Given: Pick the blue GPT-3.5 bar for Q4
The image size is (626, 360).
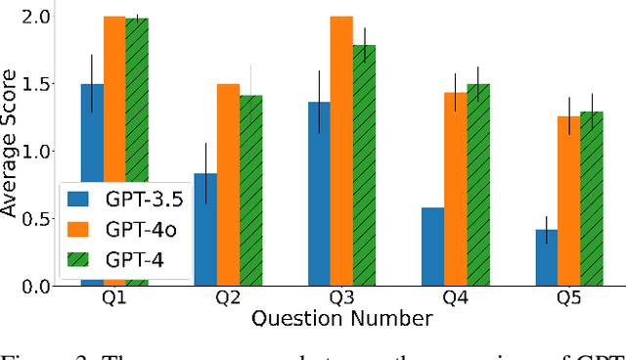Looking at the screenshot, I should (x=432, y=246).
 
